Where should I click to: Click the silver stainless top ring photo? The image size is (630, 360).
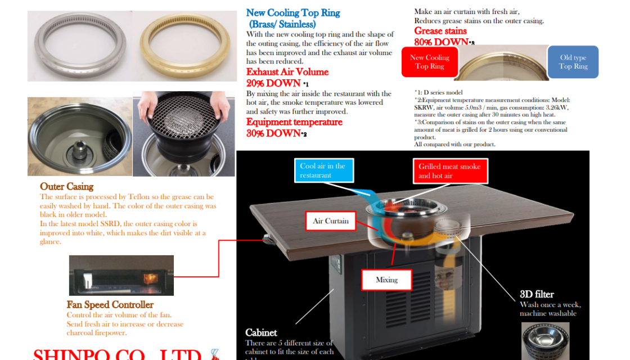point(79,46)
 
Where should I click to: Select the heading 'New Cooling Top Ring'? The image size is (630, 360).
point(293,13)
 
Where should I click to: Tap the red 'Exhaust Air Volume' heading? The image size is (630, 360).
point(287,72)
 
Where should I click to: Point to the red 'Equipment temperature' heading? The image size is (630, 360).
point(294,122)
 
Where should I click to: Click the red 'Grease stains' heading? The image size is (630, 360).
point(440,31)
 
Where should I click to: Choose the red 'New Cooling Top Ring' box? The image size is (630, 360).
point(429,62)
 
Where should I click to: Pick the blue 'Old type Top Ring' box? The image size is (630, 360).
point(573,62)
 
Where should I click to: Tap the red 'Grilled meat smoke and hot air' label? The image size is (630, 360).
point(449,171)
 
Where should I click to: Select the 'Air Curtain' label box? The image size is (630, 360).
point(331,221)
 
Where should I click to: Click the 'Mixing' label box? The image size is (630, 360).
point(386,280)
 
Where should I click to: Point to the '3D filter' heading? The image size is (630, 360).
point(537,294)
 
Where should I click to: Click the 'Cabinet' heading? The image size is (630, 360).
point(261,332)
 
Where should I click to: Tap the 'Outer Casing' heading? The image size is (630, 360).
point(66,187)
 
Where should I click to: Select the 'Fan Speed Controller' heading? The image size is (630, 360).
point(110,305)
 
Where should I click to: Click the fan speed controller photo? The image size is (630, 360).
point(121,275)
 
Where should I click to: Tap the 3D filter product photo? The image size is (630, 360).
point(544,340)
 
